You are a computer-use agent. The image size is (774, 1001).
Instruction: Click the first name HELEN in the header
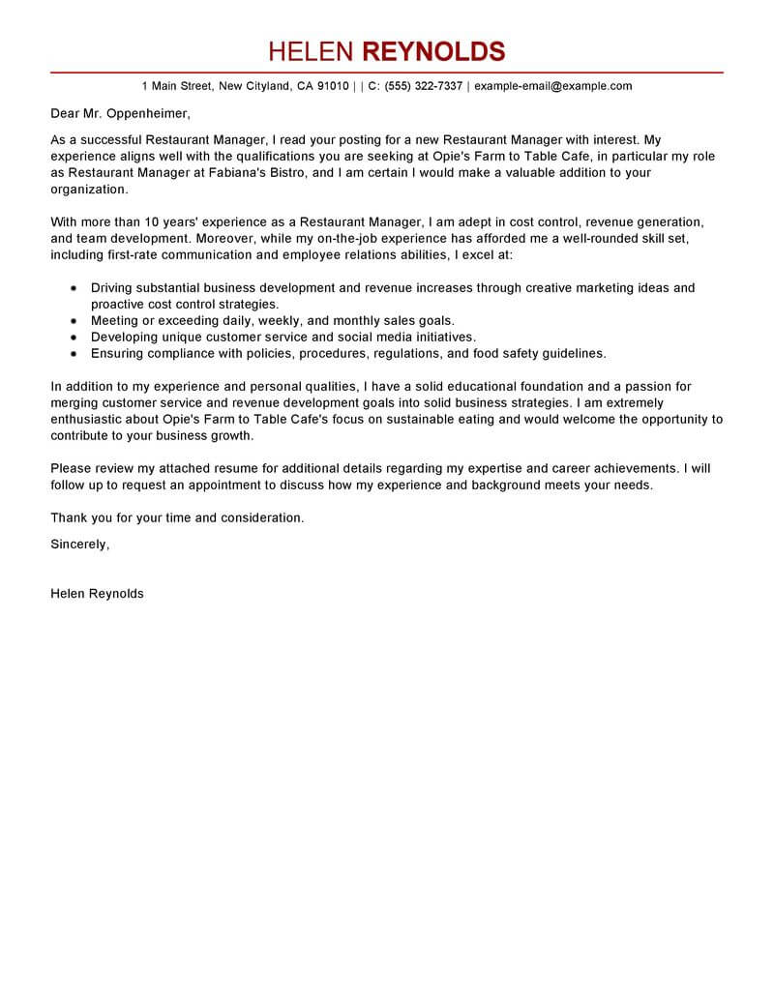coord(312,51)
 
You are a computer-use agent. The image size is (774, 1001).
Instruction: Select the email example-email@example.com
coord(553,86)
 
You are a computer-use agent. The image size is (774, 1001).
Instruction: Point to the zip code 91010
coord(333,86)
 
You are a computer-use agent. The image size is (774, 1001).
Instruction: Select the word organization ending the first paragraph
coord(87,190)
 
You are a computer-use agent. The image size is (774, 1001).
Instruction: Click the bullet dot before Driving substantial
coord(74,288)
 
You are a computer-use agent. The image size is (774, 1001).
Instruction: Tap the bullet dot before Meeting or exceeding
coord(74,321)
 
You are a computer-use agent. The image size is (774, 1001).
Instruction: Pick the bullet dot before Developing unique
coord(74,338)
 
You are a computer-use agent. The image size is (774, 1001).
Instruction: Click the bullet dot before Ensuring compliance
coord(74,354)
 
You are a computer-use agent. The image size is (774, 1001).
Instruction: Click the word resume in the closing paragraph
coord(206,469)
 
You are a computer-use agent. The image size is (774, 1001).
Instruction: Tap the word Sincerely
coord(79,545)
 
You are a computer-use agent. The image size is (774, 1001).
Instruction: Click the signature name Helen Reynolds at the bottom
coord(97,594)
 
